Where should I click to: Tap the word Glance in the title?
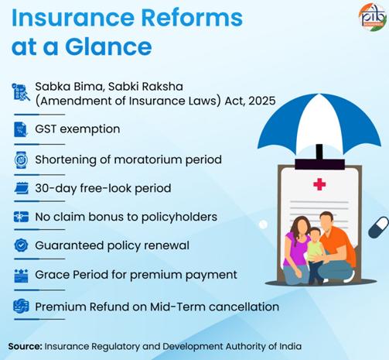tap(104, 48)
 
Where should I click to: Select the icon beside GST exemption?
tap(20, 129)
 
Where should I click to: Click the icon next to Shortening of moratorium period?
tap(20, 159)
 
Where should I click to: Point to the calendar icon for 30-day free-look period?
tap(20, 188)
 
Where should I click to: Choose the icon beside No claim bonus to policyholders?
tap(20, 218)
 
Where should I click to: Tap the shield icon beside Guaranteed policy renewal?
tap(20, 247)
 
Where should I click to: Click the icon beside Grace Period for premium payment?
tap(20, 276)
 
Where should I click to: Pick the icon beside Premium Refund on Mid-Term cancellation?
tap(20, 306)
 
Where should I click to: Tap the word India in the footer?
tap(288, 345)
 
